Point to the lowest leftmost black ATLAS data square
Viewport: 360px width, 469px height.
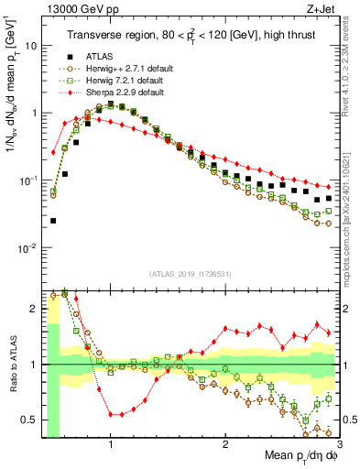coord(53,221)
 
